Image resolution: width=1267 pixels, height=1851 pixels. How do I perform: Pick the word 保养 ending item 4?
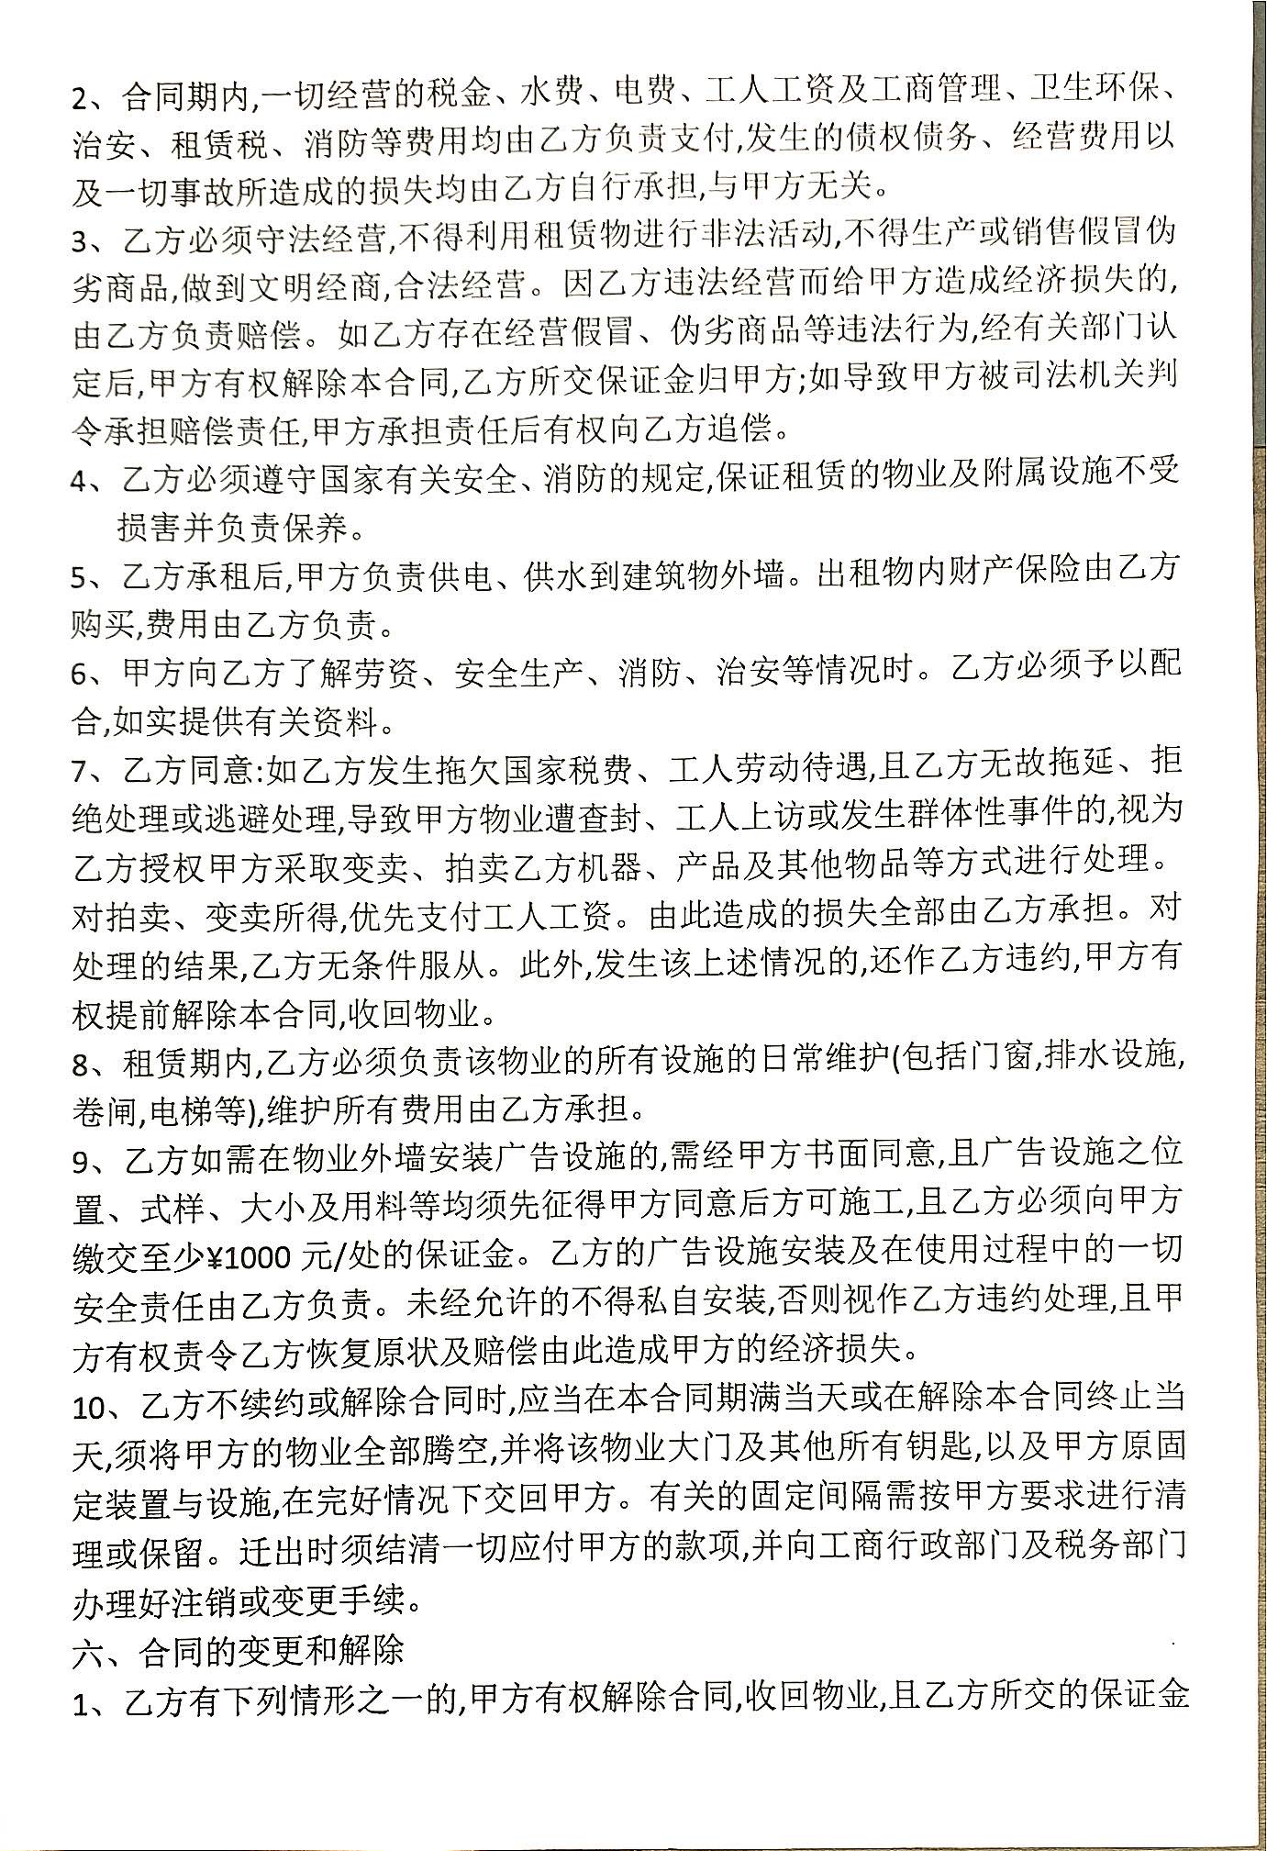click(x=317, y=527)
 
